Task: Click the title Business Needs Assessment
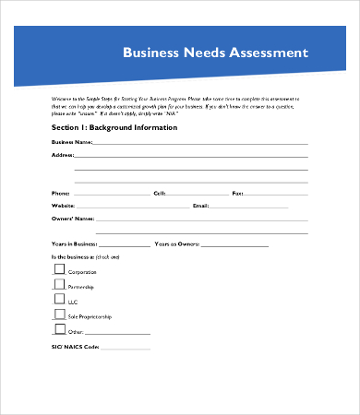point(215,53)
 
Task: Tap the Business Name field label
point(72,143)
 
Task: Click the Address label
point(63,156)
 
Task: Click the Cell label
point(160,194)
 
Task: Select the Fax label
point(237,194)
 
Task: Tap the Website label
point(64,206)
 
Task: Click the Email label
point(201,206)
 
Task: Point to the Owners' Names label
point(73,219)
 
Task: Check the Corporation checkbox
point(60,269)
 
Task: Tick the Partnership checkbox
point(60,285)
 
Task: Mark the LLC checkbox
point(60,300)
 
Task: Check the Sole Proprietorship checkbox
point(60,314)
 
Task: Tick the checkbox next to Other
point(60,329)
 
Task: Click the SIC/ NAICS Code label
point(75,347)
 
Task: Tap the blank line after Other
point(117,333)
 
